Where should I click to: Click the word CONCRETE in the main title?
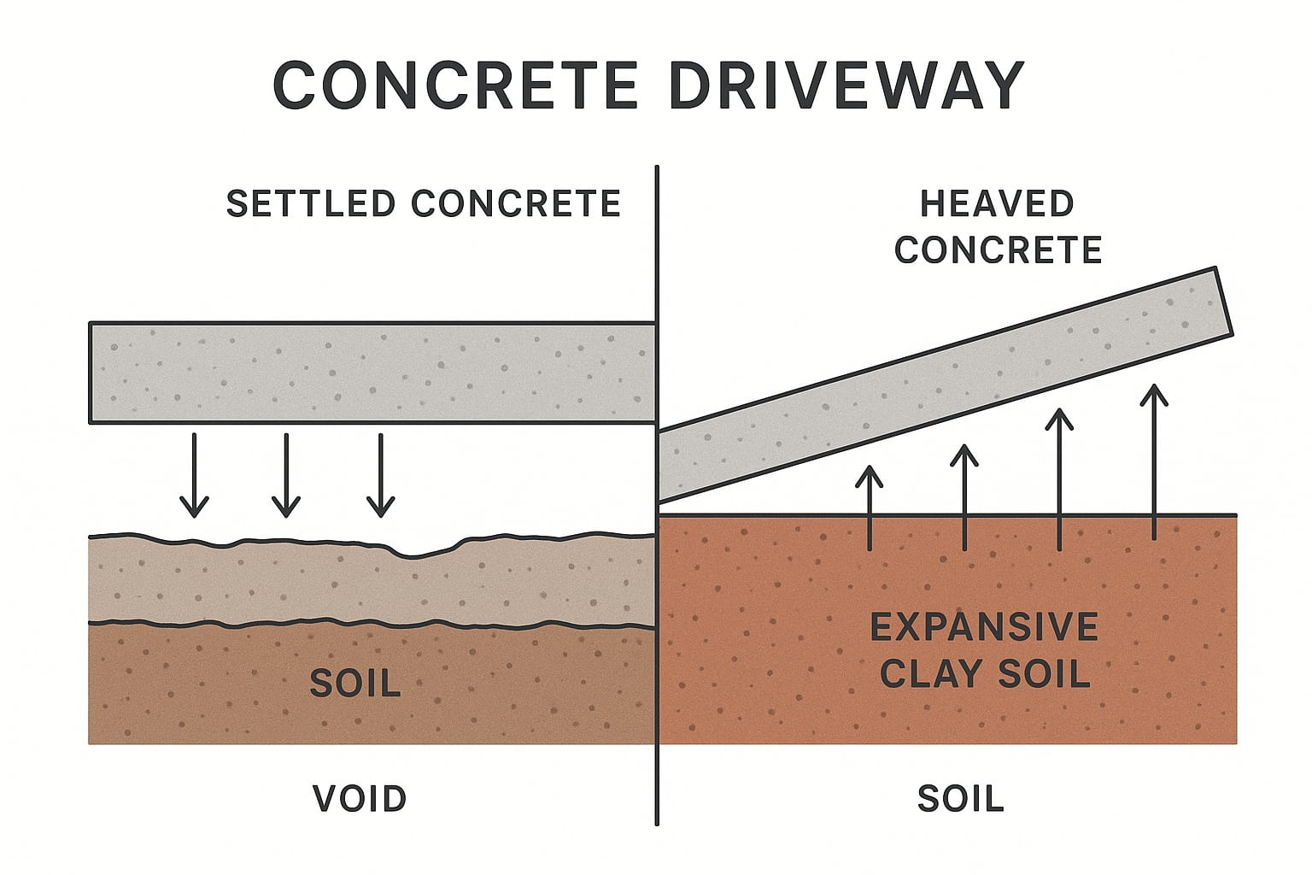[x=454, y=85]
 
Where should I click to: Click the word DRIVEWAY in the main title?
[x=846, y=85]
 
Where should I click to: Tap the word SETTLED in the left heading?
[x=310, y=204]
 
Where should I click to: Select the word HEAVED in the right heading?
[x=997, y=204]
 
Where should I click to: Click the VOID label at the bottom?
[x=360, y=799]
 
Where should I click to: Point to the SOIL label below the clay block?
[x=961, y=799]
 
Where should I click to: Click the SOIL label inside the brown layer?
[x=355, y=683]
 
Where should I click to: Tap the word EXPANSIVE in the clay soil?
[x=984, y=628]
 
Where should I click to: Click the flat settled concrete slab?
[x=372, y=373]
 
